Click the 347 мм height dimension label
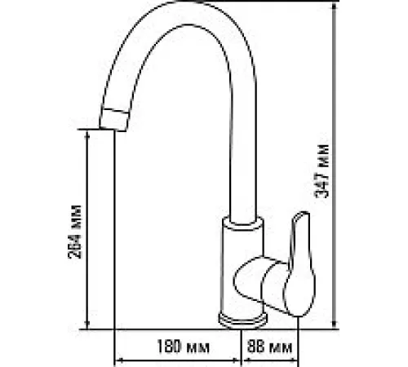click(x=322, y=171)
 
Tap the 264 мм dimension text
click(x=74, y=232)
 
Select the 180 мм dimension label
click(x=184, y=347)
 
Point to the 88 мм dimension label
click(x=269, y=347)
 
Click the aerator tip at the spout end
click(x=113, y=120)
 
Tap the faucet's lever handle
click(x=299, y=263)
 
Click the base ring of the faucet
click(x=243, y=321)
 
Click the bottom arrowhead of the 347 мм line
click(x=335, y=325)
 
